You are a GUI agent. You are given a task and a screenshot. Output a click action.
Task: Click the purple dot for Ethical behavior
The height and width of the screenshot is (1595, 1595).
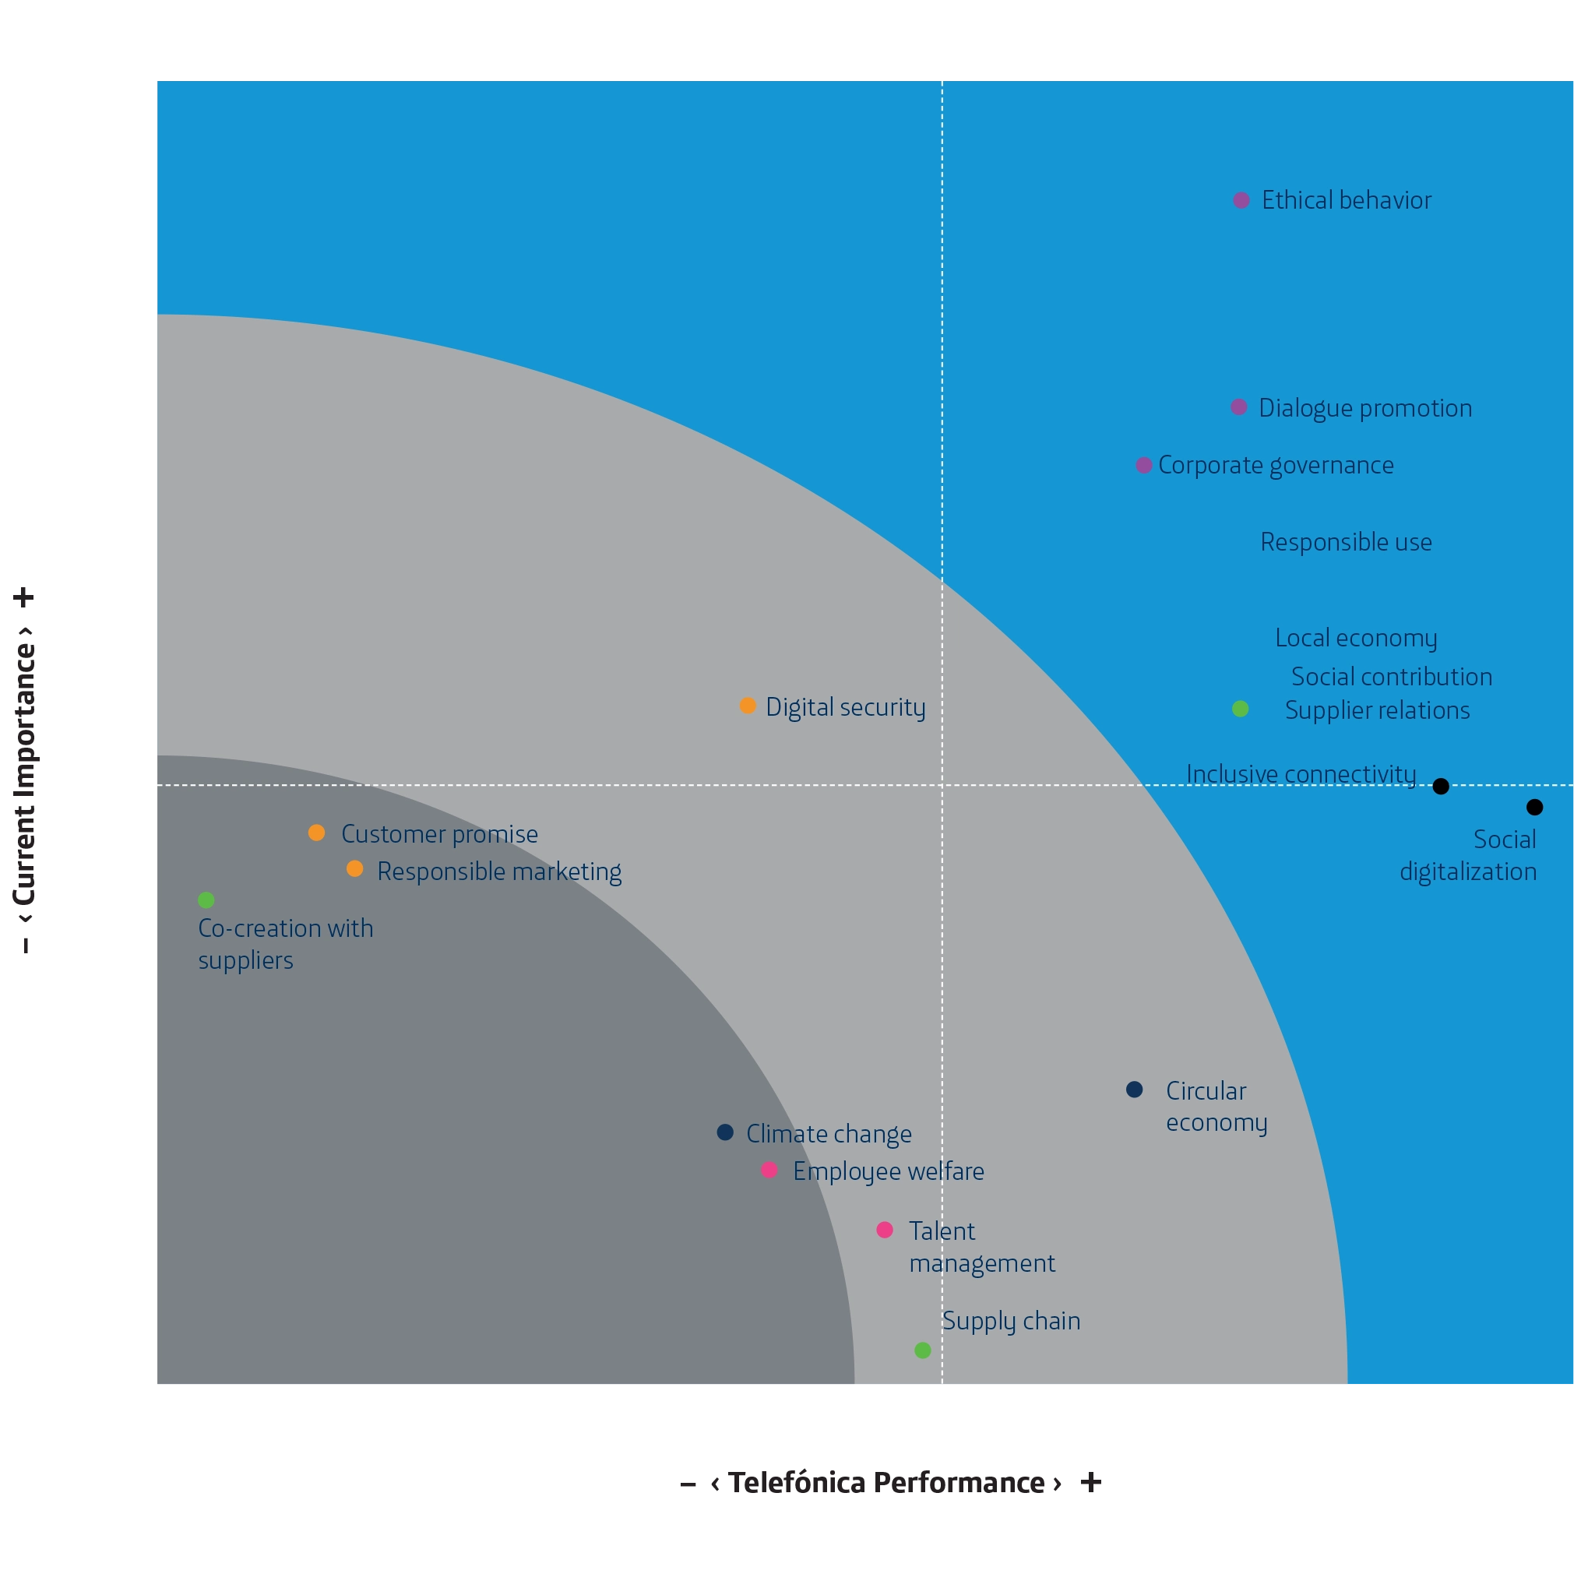point(1241,201)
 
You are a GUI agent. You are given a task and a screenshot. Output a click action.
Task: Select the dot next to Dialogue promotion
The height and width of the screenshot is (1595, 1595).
point(1238,407)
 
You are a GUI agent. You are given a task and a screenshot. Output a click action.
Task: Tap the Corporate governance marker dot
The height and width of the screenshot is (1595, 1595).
point(1143,466)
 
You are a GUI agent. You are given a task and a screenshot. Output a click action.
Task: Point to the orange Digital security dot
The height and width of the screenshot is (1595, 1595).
point(747,706)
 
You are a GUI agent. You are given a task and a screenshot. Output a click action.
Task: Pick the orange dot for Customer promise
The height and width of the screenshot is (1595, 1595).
point(316,833)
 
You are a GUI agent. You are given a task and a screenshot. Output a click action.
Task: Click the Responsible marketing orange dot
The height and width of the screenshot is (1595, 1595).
point(354,869)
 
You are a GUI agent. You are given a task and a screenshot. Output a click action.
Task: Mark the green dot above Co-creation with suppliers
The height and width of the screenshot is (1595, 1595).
point(206,900)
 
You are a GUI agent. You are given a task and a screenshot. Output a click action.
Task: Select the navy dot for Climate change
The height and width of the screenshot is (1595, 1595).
point(725,1132)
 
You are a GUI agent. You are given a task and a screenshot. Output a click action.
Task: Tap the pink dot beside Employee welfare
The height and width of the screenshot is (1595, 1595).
point(769,1170)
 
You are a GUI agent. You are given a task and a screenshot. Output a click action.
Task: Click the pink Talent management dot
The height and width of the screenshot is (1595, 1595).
point(884,1230)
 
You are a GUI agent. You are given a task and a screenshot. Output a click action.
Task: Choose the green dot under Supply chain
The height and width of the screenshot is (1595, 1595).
point(923,1350)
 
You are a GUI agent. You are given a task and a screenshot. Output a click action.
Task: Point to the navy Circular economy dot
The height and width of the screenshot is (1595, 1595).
point(1134,1090)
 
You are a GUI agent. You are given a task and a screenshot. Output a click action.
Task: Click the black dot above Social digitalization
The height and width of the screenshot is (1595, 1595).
point(1535,808)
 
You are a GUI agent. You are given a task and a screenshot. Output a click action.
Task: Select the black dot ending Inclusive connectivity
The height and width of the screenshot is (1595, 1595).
point(1441,786)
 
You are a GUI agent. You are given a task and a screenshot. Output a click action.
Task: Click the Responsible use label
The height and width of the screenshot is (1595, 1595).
point(1346,542)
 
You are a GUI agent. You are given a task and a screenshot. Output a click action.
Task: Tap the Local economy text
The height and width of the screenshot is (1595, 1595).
point(1356,638)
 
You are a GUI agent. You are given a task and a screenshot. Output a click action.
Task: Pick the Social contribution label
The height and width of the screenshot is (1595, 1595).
point(1391,677)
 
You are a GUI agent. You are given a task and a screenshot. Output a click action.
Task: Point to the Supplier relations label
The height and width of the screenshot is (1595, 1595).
point(1377,711)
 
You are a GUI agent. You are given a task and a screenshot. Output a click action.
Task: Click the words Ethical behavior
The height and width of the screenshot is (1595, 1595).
point(1347,201)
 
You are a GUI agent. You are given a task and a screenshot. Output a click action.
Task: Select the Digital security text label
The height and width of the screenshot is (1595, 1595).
point(845,707)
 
